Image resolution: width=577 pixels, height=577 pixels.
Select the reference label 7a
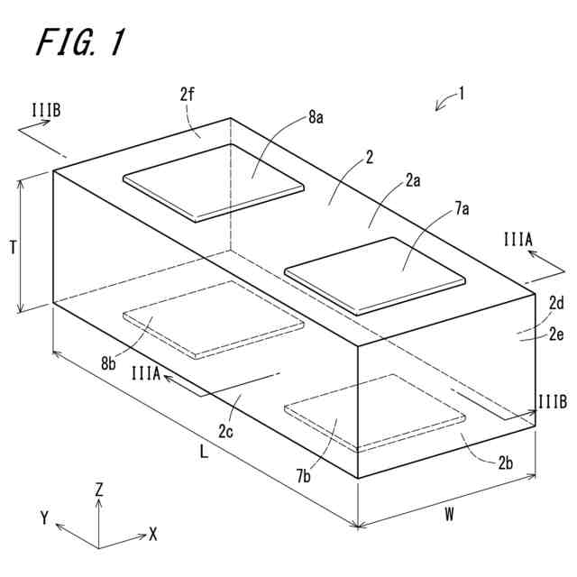[x=462, y=210]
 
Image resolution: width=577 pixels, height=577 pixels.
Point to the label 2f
[x=188, y=94]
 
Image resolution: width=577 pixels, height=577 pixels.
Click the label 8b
[x=108, y=363]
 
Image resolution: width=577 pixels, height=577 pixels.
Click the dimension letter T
[x=13, y=244]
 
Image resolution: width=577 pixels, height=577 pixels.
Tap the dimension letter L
[x=204, y=453]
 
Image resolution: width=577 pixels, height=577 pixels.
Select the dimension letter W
[x=448, y=515]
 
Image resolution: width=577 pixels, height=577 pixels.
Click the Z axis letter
[x=99, y=490]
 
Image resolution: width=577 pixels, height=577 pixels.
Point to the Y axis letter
[x=43, y=517]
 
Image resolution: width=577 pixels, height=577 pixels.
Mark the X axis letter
[x=152, y=534]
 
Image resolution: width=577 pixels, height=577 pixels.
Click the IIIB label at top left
[x=45, y=112]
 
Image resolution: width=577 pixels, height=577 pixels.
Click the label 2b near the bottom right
[x=506, y=463]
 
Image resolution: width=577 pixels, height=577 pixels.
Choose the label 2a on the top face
[x=412, y=179]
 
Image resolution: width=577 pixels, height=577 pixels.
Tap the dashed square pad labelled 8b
[x=213, y=316]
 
